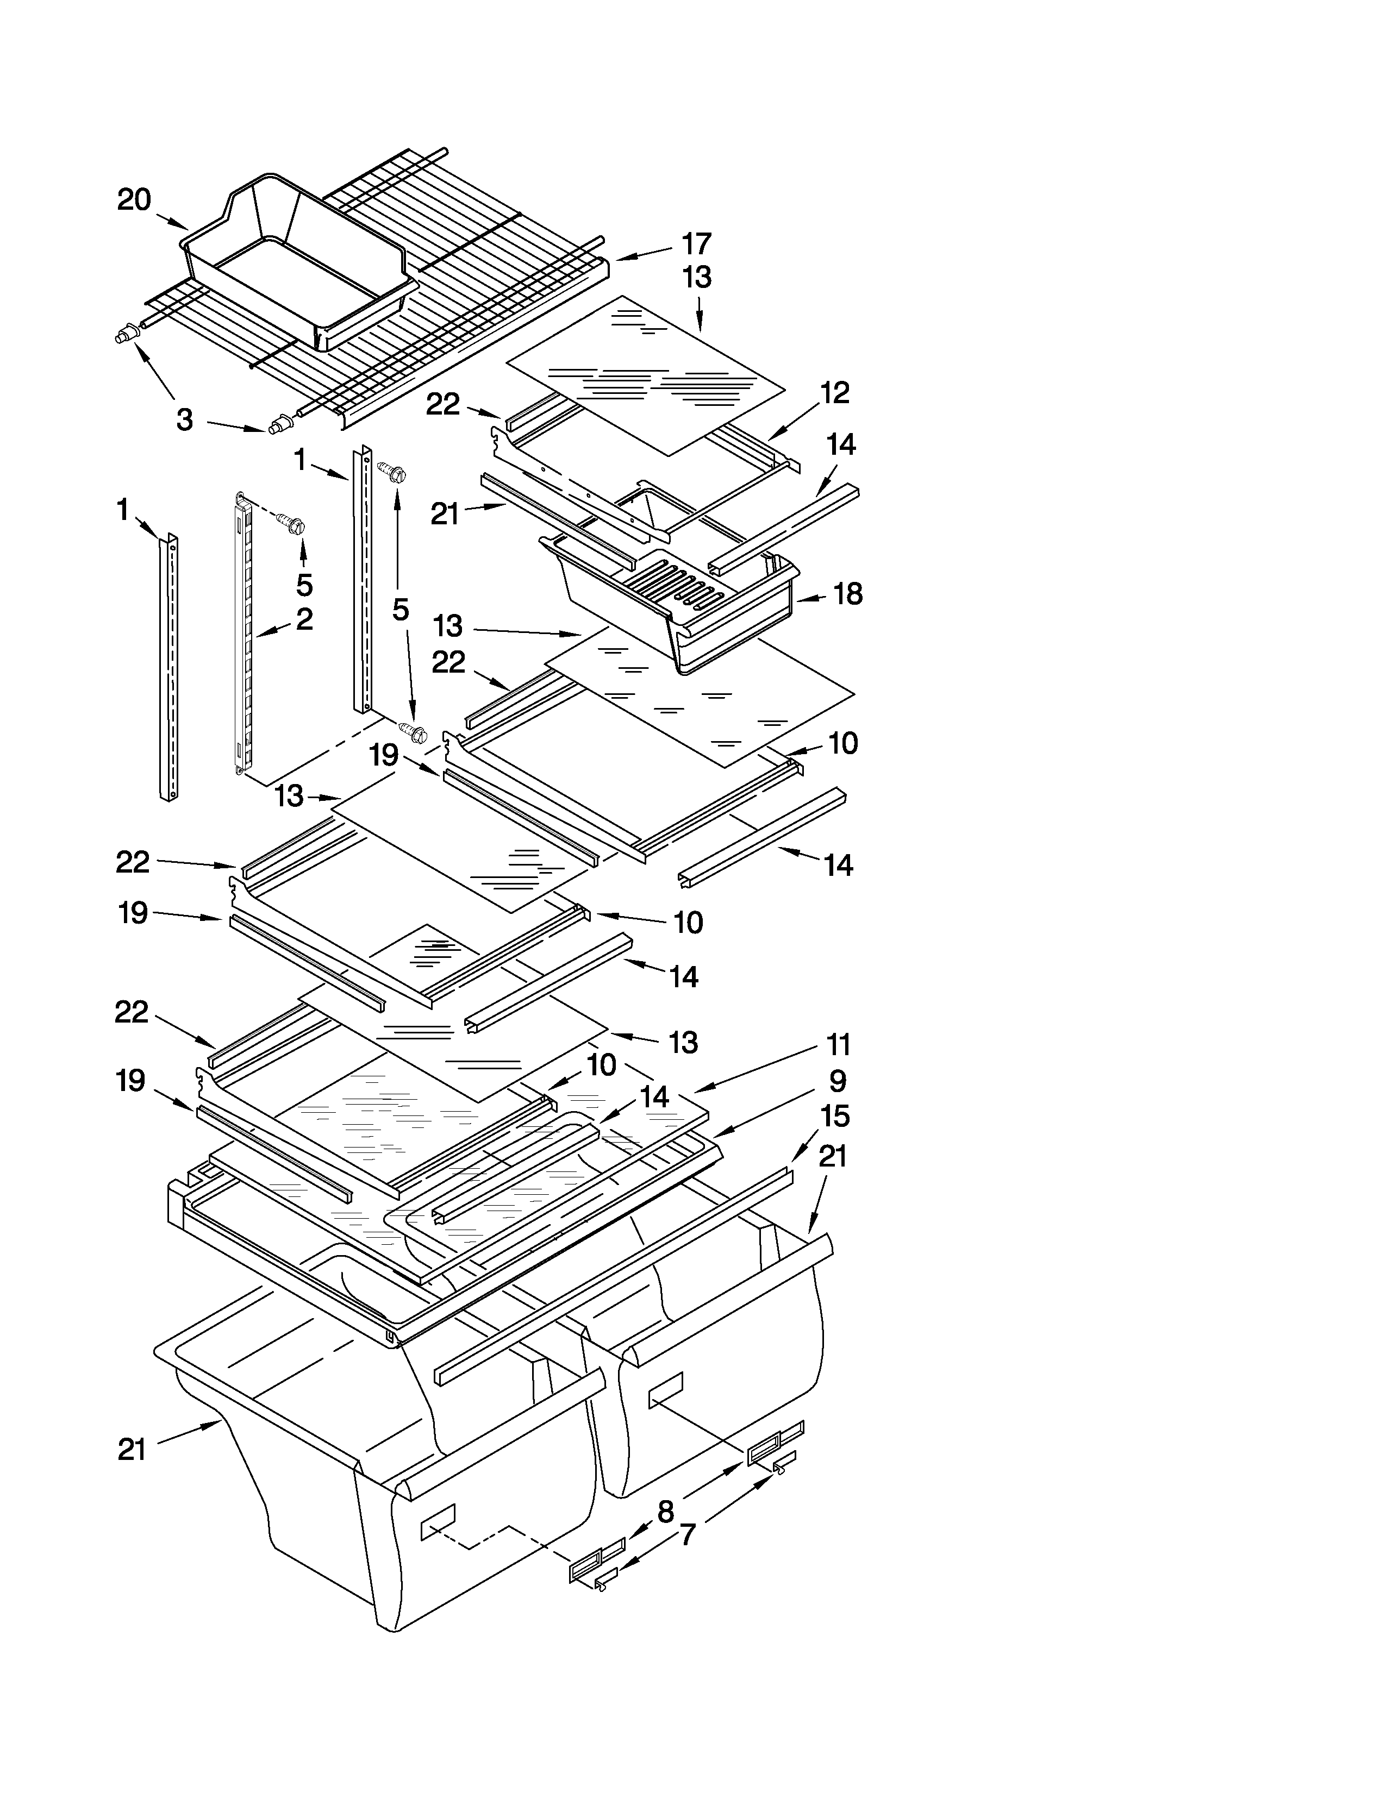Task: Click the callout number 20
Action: (x=134, y=199)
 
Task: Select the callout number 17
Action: (x=696, y=244)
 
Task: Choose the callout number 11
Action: (x=838, y=1045)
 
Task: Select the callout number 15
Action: (x=834, y=1117)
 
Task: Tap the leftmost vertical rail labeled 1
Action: (x=168, y=665)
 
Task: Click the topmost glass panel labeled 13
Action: (x=645, y=374)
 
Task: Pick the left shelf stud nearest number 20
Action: (x=125, y=334)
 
